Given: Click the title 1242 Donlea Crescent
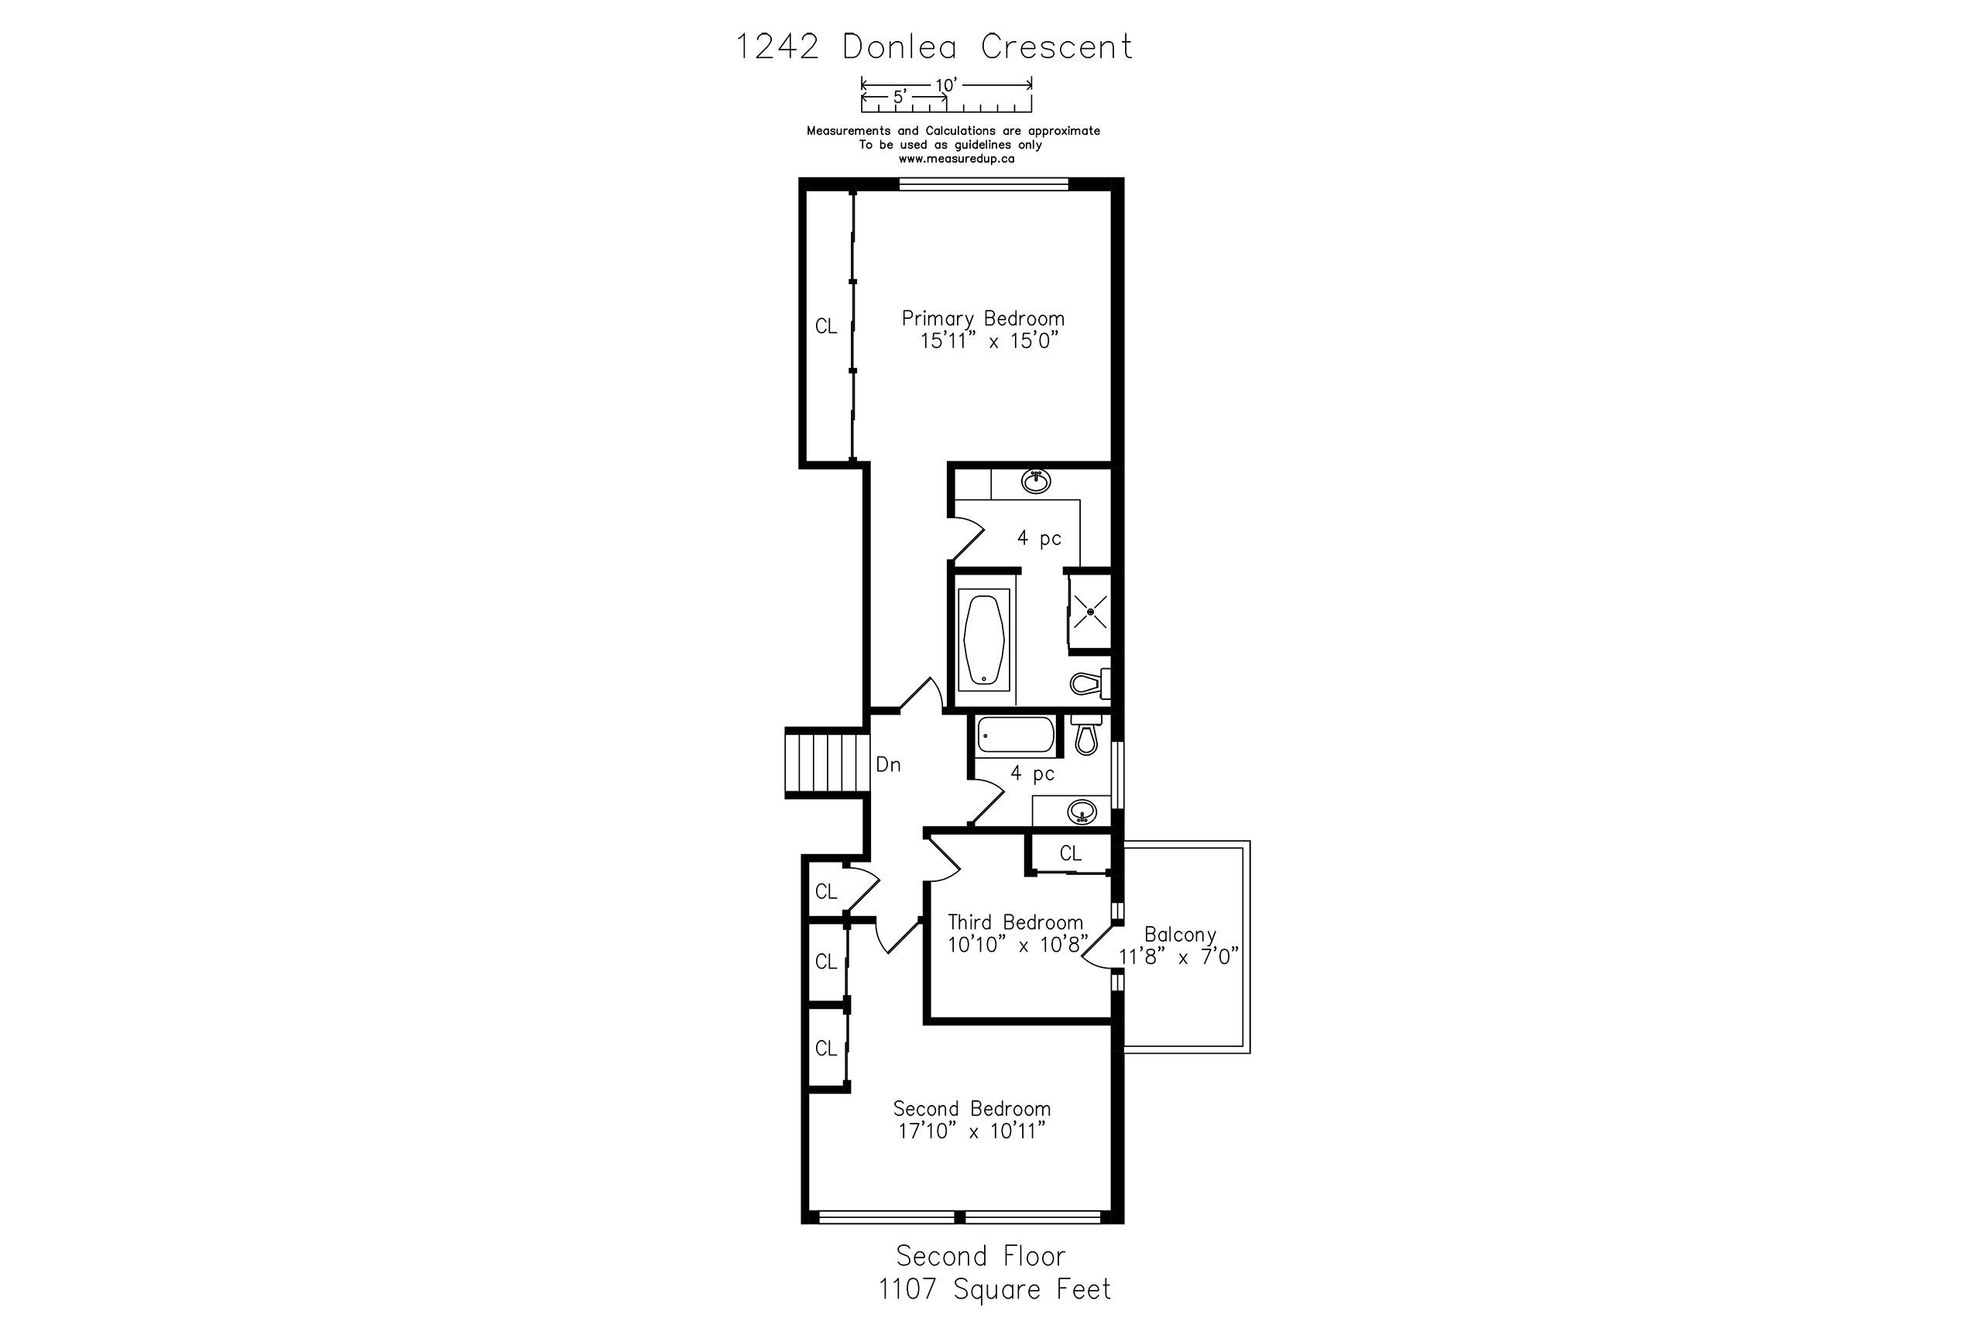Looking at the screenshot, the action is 934,46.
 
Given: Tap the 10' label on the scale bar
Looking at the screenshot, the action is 946,85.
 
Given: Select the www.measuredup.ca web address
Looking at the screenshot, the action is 956,159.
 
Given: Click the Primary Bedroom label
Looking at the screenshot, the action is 983,318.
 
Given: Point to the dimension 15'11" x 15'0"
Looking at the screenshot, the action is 988,341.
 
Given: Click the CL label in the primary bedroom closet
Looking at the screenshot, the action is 826,326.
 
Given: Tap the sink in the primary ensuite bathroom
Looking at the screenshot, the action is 1036,481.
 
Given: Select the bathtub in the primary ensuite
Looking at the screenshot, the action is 984,640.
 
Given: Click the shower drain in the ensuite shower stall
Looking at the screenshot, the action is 1091,611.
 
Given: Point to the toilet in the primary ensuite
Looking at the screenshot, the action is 1090,682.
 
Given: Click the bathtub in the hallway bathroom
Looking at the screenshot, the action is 1015,736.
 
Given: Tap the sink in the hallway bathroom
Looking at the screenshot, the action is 1082,812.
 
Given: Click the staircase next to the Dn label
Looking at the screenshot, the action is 826,763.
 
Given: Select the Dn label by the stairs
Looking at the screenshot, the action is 889,764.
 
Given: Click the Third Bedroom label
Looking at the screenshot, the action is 1015,921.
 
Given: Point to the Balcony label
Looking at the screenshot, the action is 1180,935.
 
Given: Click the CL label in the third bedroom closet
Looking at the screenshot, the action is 1071,853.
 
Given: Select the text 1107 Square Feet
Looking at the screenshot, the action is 995,1289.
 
